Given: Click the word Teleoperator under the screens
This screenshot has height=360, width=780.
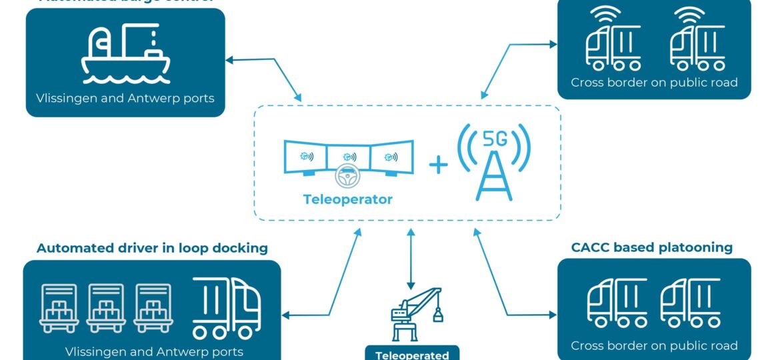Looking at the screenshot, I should (x=348, y=199).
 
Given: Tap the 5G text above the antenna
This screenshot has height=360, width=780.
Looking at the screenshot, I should (x=494, y=139).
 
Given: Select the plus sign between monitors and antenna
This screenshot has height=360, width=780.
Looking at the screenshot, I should (x=438, y=164).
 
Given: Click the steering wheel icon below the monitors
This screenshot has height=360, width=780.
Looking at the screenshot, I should (x=348, y=177).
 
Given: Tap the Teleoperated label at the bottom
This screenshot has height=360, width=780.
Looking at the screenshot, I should (x=412, y=355).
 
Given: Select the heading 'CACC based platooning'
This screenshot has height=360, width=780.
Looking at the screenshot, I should (x=651, y=247).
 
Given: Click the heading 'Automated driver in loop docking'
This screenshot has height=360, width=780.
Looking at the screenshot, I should (x=152, y=248).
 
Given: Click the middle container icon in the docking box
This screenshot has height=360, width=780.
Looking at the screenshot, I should (x=106, y=308).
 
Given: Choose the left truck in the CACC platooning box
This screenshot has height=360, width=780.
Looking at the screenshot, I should (x=616, y=303).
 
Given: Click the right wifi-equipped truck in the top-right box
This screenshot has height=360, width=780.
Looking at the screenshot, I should (x=697, y=47).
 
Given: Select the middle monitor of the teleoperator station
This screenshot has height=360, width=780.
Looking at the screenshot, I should (x=348, y=157).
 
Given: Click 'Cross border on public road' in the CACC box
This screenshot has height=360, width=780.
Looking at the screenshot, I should (x=654, y=345).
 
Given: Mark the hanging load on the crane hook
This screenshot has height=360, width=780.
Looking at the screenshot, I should (x=438, y=314).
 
